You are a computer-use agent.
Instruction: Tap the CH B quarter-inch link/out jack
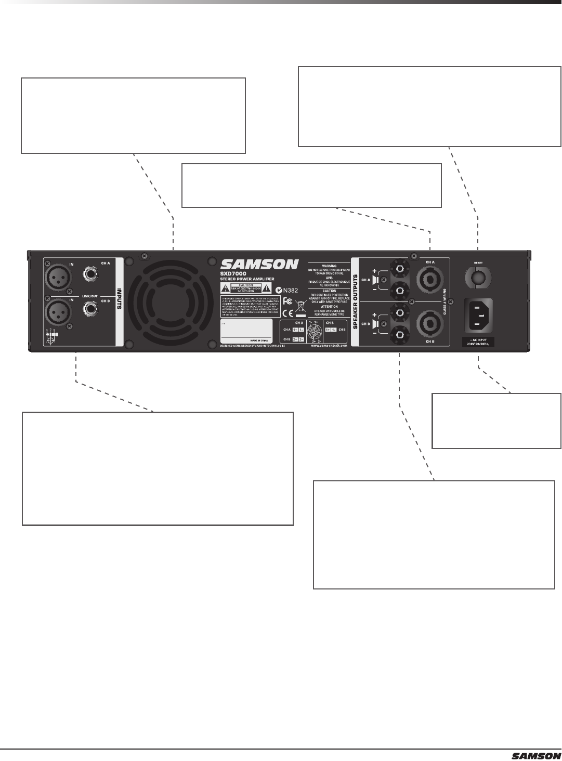(x=90, y=311)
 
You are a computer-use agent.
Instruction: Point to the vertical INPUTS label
(x=119, y=298)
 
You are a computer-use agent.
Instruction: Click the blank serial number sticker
(x=246, y=330)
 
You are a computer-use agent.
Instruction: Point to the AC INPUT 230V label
(x=478, y=342)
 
